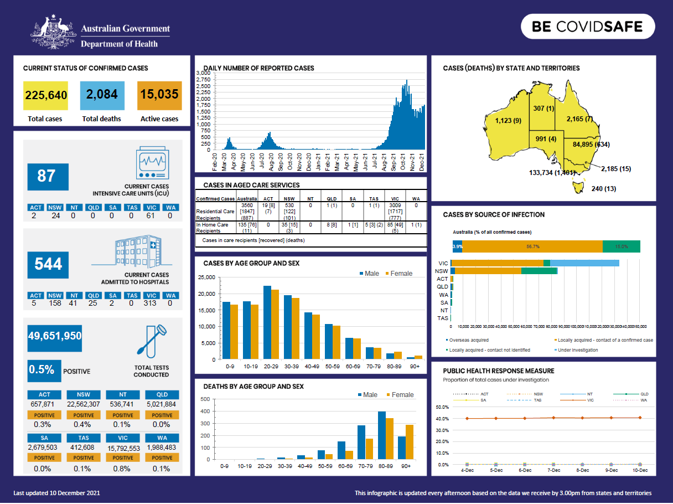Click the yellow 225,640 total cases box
click(46, 95)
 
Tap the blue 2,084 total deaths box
click(102, 95)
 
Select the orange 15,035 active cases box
click(159, 95)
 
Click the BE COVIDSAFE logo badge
click(588, 27)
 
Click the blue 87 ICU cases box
click(48, 177)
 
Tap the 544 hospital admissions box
click(48, 264)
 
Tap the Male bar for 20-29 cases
click(267, 322)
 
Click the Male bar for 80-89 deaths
click(381, 435)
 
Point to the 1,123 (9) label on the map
click(508, 121)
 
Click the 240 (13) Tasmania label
click(604, 189)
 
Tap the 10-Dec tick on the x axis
click(640, 470)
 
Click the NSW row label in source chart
click(442, 271)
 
